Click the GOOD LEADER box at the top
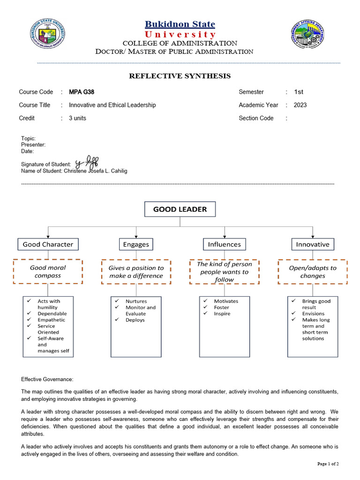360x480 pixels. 180,209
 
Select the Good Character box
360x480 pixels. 48,244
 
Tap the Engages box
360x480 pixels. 136,244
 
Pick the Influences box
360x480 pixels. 225,244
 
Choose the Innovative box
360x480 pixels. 313,244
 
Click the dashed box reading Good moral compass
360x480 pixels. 48,271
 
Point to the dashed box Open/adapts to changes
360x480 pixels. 313,271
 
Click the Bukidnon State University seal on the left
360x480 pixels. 48,34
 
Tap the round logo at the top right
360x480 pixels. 308,34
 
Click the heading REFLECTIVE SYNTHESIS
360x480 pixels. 180,76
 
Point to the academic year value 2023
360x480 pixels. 300,105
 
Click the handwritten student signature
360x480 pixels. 86,162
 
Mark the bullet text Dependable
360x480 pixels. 52,314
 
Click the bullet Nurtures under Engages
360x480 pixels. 136,301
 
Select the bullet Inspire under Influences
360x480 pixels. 222,314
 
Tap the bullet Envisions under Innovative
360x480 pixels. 313,314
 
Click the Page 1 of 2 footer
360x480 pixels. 328,464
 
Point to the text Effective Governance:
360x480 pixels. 47,379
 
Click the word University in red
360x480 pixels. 180,35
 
